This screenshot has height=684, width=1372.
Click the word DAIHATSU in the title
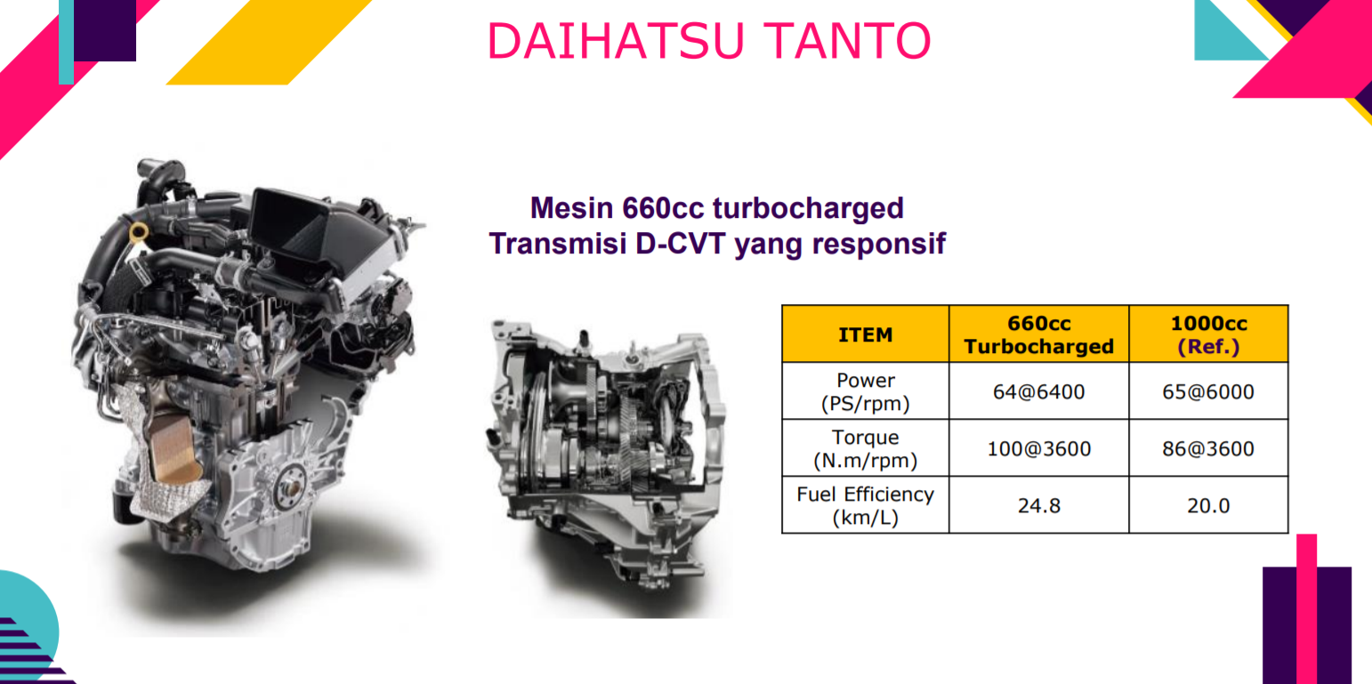[616, 41]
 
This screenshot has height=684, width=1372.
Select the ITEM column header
[866, 334]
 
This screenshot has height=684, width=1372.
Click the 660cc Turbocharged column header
[1039, 334]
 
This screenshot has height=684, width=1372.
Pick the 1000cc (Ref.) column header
[1208, 334]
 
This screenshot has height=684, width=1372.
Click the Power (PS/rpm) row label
[866, 391]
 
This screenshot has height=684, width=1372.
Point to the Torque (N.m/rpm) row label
[866, 448]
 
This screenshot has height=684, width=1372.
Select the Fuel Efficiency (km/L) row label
[866, 505]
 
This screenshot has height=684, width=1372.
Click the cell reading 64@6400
[1039, 391]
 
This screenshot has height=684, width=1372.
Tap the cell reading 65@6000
[1208, 391]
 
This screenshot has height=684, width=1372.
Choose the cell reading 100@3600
[1039, 448]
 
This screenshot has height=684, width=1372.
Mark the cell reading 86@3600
[1208, 448]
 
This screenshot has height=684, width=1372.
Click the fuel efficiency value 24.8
[1039, 505]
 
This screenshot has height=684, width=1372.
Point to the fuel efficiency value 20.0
[1208, 505]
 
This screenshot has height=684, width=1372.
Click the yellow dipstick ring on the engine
[139, 231]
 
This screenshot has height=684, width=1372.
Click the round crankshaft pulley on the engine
[290, 487]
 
